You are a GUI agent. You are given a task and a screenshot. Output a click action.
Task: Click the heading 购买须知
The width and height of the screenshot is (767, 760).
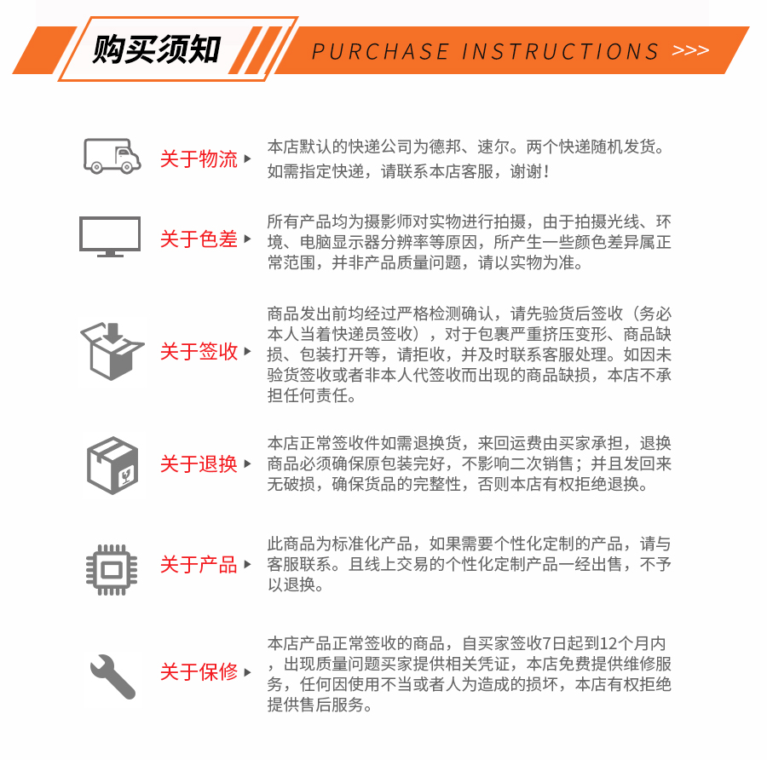(x=156, y=49)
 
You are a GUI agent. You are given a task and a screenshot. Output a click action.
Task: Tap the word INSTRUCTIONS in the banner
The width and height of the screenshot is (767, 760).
(x=561, y=51)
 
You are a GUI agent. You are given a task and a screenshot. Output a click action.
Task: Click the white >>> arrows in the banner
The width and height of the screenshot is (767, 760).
(x=690, y=50)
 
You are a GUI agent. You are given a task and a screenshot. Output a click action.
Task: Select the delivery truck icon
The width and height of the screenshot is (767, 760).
(x=112, y=156)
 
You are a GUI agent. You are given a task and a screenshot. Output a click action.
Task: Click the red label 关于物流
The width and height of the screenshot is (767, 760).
(x=199, y=159)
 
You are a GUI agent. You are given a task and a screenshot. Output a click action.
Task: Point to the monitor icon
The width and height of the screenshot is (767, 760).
(x=110, y=236)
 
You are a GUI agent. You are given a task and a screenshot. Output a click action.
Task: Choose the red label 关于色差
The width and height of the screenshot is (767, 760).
(x=199, y=239)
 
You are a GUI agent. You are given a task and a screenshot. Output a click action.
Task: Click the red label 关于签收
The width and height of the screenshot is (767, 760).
(x=199, y=352)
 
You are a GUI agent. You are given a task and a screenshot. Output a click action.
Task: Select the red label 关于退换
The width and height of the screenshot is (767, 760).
(x=199, y=464)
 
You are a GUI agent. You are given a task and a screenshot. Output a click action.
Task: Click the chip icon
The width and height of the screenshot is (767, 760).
(x=112, y=565)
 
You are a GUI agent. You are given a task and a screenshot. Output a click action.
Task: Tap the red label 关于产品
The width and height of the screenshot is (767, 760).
(x=199, y=565)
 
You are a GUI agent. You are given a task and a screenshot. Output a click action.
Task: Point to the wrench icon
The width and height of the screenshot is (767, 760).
(x=112, y=676)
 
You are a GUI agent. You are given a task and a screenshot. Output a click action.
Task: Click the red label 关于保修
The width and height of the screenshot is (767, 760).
(x=199, y=672)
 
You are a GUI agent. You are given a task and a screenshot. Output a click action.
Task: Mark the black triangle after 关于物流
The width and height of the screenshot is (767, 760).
(x=247, y=159)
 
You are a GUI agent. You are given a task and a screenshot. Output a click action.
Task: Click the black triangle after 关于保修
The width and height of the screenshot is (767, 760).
(x=247, y=672)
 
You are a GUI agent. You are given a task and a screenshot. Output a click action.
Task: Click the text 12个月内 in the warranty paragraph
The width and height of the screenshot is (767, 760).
(x=634, y=643)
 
